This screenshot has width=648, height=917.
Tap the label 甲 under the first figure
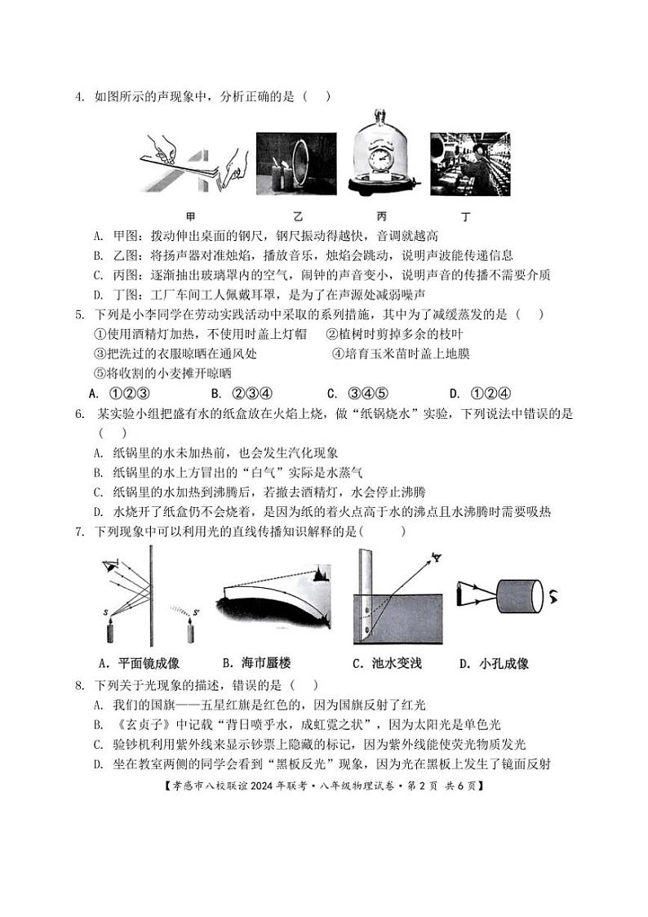191,217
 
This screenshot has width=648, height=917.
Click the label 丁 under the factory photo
465,217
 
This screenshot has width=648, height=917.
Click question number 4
80,96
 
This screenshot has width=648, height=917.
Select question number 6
80,414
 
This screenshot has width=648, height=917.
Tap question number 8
80,685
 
